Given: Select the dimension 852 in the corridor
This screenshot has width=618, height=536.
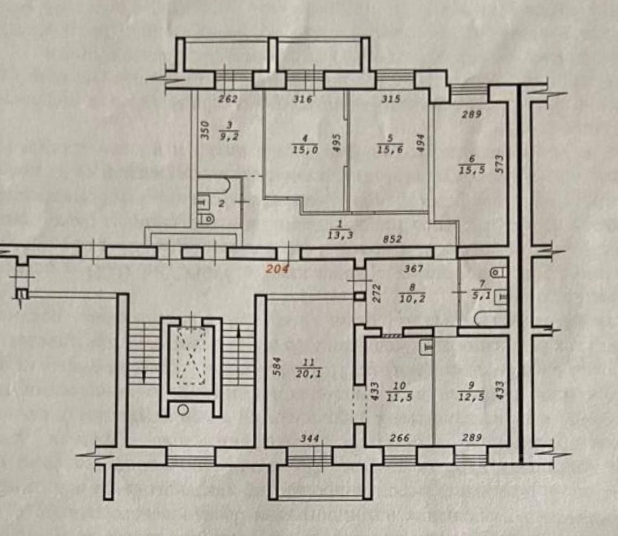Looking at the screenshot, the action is [391, 239].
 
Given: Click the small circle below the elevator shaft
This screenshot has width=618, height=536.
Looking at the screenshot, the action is [183, 410].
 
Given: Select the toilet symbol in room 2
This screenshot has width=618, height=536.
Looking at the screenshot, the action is [206, 219].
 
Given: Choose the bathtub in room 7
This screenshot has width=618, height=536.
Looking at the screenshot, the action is [489, 318].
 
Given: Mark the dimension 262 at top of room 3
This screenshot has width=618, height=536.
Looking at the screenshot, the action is [228, 99].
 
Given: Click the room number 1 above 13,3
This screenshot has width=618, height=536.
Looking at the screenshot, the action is [339, 224].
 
